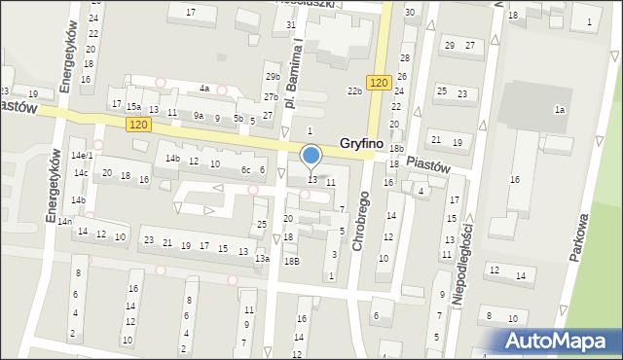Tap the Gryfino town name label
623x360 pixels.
pyautogui.click(x=360, y=143)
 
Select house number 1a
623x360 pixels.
pyautogui.click(x=560, y=110)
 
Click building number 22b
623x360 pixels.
pyautogui.click(x=355, y=90)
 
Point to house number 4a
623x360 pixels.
pyautogui.click(x=204, y=89)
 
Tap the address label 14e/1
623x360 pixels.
pyautogui.click(x=82, y=156)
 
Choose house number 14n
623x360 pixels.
pyautogui.click(x=64, y=222)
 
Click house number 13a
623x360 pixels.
pyautogui.click(x=262, y=259)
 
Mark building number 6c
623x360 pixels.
pyautogui.click(x=246, y=169)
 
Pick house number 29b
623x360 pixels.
pyautogui.click(x=273, y=76)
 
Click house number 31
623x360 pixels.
pyautogui.click(x=290, y=23)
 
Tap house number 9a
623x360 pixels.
pyautogui.click(x=199, y=116)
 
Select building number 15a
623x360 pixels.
pyautogui.click(x=133, y=107)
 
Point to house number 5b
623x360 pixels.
pyautogui.click(x=238, y=118)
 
